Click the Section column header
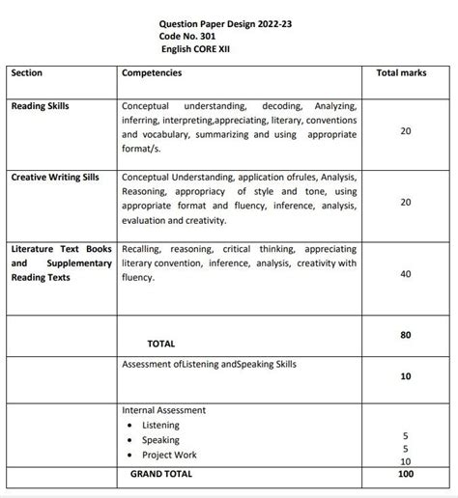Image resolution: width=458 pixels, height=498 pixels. (27, 72)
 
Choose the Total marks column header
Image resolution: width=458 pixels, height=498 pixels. (404, 72)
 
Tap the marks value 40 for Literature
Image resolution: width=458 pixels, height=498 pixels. (405, 275)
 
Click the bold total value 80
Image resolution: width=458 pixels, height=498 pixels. (405, 335)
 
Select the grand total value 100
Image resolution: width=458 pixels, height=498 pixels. (405, 474)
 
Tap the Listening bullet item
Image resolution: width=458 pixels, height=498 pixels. (160, 425)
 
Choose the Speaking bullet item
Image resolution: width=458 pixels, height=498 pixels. (160, 440)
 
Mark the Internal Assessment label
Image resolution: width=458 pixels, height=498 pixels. (163, 409)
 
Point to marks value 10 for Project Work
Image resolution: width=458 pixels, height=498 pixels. (405, 460)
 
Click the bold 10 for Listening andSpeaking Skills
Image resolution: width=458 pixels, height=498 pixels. (405, 376)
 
